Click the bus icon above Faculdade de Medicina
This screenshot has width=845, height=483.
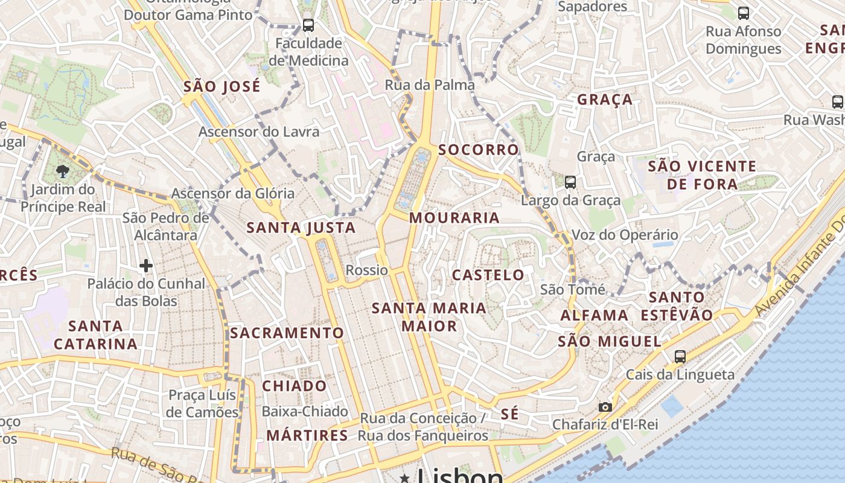(x=308, y=25)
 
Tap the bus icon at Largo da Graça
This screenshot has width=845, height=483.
(x=570, y=182)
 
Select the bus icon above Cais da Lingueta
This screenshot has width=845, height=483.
(x=680, y=356)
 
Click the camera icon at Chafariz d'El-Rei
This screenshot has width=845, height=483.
(x=605, y=407)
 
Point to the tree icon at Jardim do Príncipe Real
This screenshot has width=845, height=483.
(x=62, y=171)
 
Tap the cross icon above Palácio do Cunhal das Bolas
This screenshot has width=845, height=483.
(x=145, y=265)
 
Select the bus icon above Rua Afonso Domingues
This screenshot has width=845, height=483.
(x=744, y=13)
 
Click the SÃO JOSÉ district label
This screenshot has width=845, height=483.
(x=222, y=86)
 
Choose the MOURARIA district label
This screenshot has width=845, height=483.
(x=454, y=218)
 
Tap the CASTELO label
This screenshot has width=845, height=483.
(x=488, y=275)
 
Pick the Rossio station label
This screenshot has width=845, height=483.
(x=366, y=270)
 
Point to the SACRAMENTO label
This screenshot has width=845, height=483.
(x=287, y=333)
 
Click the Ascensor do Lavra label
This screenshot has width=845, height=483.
(x=259, y=132)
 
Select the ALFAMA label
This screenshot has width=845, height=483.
(x=595, y=315)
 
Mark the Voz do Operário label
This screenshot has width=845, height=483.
(x=625, y=235)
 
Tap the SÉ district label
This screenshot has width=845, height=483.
(x=510, y=414)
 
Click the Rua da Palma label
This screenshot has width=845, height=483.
(x=430, y=85)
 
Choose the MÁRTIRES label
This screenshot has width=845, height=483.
(x=307, y=435)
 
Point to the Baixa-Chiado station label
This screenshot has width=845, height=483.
(x=305, y=412)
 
